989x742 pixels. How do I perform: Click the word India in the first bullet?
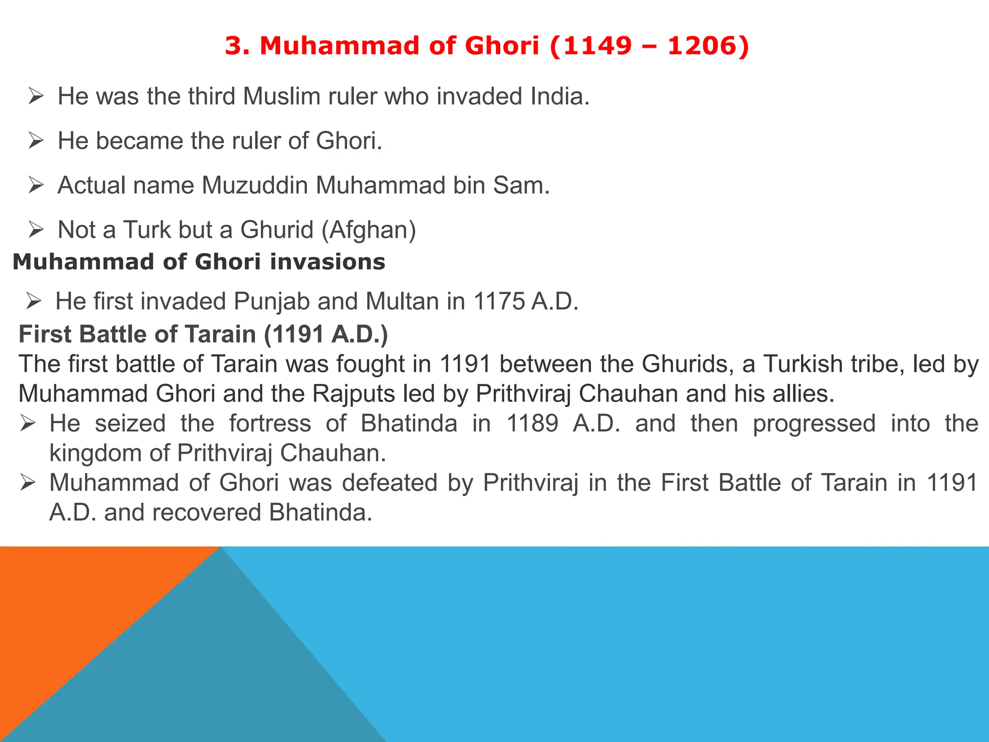coord(560,96)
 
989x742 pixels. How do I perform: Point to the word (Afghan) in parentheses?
coord(368,230)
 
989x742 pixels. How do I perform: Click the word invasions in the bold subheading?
coord(327,262)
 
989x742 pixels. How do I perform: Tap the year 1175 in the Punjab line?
coord(499,301)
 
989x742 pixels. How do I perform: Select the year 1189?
coord(532,424)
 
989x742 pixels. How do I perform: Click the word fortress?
coord(270,424)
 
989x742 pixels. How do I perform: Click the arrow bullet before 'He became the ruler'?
coord(36,141)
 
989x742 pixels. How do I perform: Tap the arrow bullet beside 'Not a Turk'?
coord(36,230)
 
